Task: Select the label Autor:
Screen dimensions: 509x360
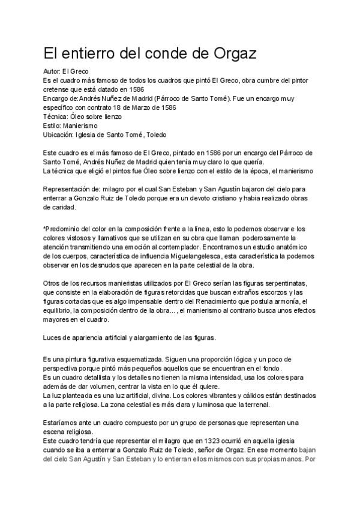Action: tap(52, 71)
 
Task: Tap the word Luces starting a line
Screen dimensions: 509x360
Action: tap(52, 337)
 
